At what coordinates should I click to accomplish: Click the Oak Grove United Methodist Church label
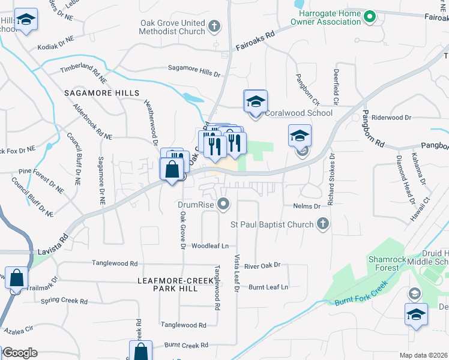click(172, 27)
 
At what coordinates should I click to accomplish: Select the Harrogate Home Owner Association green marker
click(370, 16)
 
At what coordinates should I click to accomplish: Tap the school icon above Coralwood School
click(255, 101)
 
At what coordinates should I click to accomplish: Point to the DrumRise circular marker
click(224, 205)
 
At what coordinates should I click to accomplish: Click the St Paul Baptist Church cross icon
click(323, 224)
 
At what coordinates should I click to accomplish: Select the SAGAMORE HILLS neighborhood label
click(101, 93)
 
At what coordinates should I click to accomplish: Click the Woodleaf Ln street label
click(210, 246)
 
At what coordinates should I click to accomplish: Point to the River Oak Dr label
click(262, 265)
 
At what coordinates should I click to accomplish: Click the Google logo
click(19, 353)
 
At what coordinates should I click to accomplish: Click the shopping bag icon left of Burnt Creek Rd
click(140, 352)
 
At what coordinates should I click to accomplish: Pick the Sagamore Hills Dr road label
click(194, 71)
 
